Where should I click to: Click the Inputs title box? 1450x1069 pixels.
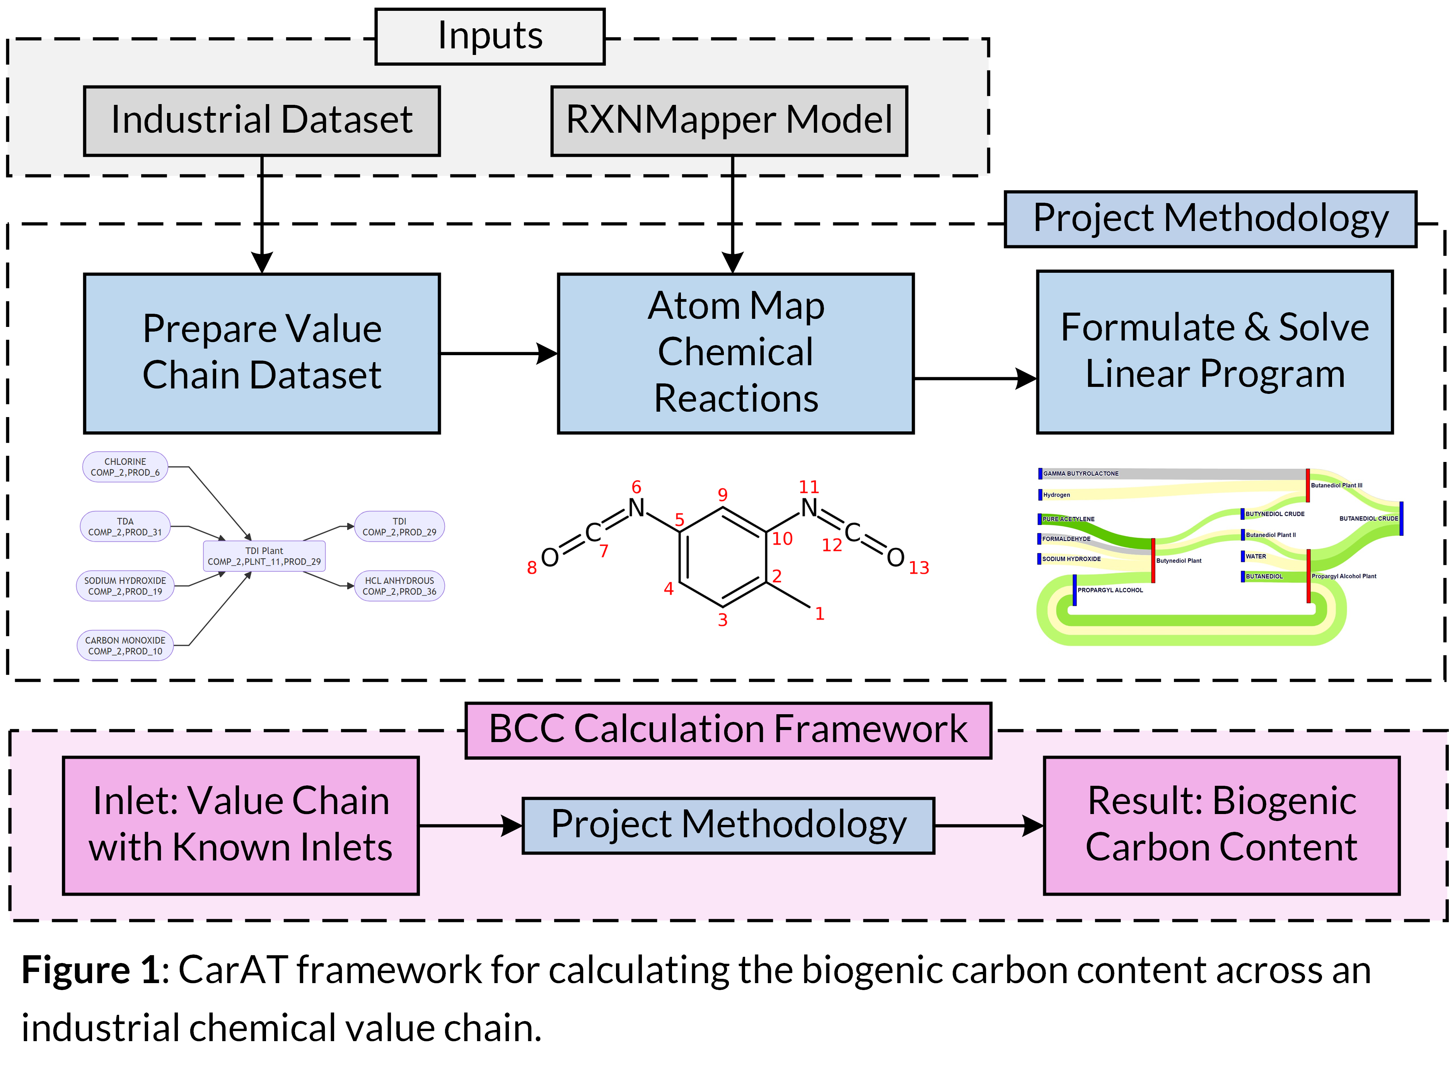point(490,36)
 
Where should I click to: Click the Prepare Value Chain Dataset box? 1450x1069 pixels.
point(261,353)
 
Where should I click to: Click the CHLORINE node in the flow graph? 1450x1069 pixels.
point(125,467)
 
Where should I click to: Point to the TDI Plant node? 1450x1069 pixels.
point(264,556)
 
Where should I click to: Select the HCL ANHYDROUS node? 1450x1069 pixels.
point(399,586)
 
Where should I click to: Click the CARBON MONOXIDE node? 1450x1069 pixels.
point(125,645)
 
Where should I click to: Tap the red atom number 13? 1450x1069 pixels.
point(918,568)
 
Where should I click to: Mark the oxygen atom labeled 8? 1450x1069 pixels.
point(550,557)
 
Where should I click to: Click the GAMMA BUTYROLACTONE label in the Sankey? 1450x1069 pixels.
point(1080,474)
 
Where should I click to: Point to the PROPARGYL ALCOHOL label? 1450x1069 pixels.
point(1110,590)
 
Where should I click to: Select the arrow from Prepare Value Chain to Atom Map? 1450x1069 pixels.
point(498,353)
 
